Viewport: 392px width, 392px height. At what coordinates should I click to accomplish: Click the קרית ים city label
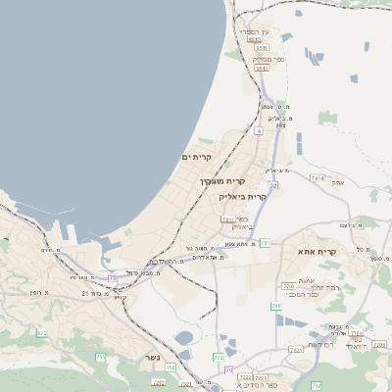click(197, 157)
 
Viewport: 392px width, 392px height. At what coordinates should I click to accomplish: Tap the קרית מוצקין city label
click(221, 181)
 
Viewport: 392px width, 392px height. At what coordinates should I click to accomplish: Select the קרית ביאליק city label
click(243, 197)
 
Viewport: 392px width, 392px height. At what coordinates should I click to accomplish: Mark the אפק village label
click(338, 182)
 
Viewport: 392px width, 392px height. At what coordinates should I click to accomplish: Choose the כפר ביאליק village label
click(241, 222)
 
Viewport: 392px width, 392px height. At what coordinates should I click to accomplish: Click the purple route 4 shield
click(258, 129)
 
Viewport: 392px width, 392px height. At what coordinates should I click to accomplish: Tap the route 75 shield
click(113, 278)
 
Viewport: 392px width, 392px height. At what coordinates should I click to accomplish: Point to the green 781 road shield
click(264, 242)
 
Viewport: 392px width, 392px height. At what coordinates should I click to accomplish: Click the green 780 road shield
click(276, 307)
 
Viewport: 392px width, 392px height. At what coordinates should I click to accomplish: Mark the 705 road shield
click(101, 357)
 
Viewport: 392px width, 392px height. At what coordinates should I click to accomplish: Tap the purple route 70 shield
click(229, 369)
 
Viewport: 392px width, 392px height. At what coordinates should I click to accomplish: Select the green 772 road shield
click(218, 358)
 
